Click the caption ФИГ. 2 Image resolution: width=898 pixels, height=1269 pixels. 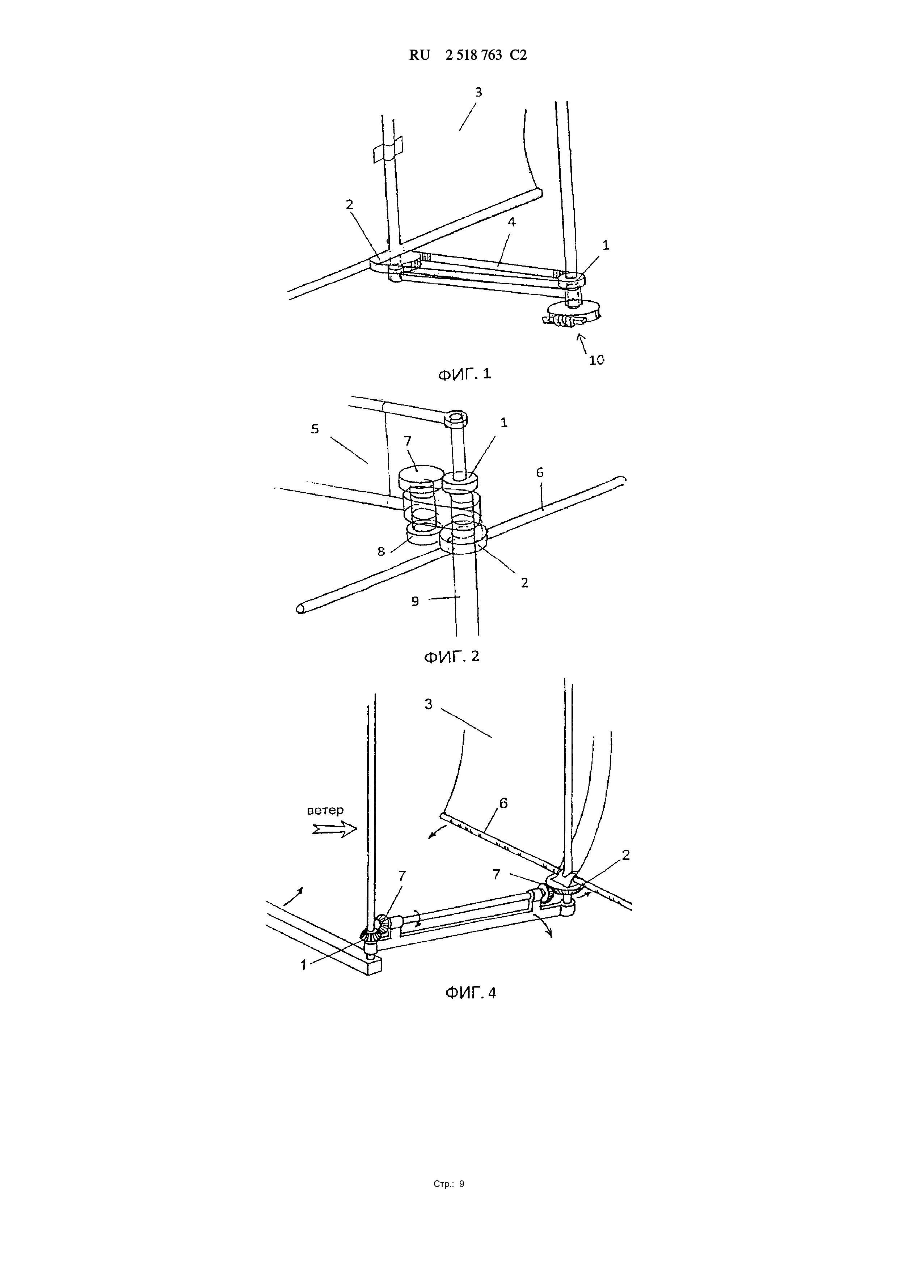(x=451, y=657)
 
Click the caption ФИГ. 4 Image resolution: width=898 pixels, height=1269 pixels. (x=471, y=993)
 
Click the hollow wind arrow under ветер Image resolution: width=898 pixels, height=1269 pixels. (x=334, y=829)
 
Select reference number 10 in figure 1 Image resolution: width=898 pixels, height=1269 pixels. (x=596, y=360)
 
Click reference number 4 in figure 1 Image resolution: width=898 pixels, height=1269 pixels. (x=511, y=222)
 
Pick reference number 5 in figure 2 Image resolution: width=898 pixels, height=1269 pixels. (x=315, y=429)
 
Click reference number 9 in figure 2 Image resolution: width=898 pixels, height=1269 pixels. (x=415, y=601)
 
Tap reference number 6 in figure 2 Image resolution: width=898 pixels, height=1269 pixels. (x=540, y=472)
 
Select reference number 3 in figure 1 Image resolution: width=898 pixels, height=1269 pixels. (x=479, y=92)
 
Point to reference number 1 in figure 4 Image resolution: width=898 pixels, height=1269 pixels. (x=303, y=965)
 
